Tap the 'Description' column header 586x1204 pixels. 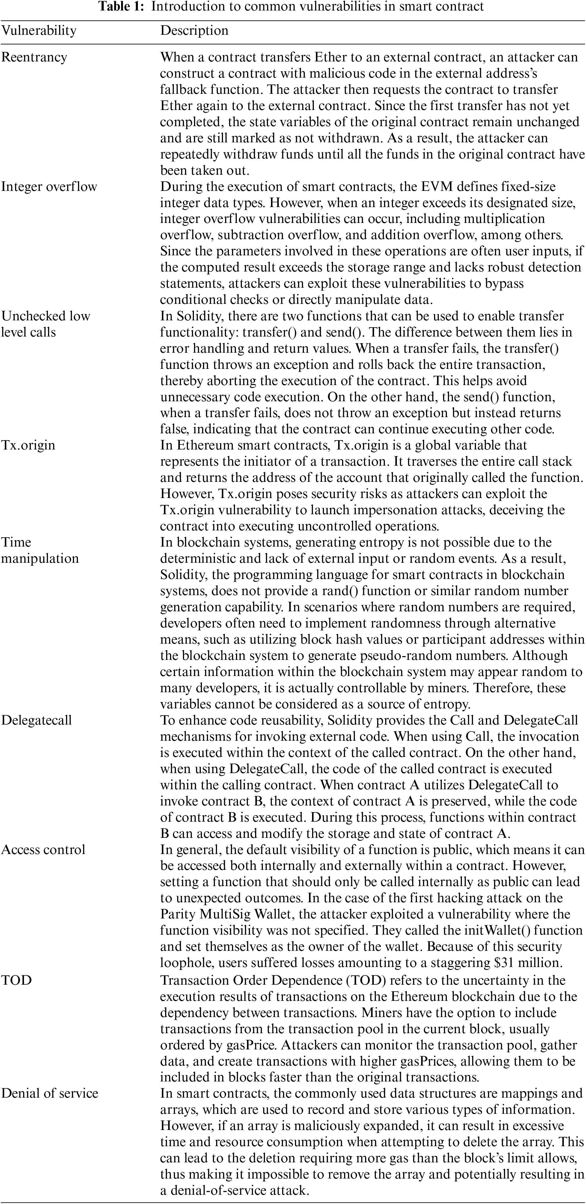194,31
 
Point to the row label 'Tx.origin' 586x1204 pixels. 28,445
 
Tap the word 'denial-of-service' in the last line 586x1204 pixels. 218,1191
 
